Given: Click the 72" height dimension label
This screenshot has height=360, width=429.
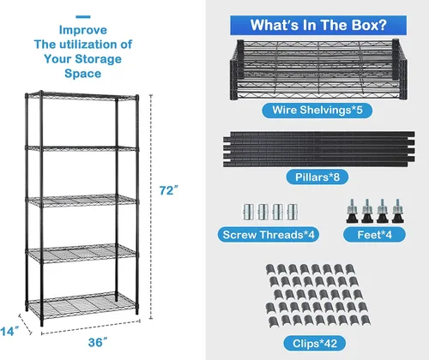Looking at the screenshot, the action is coord(168,190).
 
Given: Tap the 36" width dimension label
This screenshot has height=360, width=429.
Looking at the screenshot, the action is coord(98,342).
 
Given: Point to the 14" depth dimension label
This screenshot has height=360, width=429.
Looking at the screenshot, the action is coord(9,332).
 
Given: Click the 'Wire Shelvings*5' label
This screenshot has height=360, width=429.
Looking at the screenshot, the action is coord(317,111).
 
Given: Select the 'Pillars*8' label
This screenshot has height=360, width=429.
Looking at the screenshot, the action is coord(317,177).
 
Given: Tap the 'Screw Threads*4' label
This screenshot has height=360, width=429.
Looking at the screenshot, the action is coord(269,235).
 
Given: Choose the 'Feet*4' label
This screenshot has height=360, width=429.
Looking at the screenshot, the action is coord(374,235).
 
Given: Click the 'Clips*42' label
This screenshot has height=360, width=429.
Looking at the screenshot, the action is coord(315,343).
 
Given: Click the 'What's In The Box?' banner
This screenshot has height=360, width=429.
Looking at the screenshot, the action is coord(318,25).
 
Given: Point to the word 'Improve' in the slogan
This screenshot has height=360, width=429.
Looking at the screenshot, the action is coord(83,30).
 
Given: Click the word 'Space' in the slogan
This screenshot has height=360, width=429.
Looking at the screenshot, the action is coord(83,74).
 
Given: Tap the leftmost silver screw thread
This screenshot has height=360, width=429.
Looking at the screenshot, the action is coord(248,212).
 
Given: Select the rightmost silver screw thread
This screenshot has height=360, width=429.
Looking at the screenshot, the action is coord(293,212).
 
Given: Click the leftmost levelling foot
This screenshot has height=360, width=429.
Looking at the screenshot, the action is coord(352,212).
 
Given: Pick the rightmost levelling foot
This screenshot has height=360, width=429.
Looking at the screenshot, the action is coord(397,212).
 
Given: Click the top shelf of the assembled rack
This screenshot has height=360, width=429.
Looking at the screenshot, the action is coord(82,95).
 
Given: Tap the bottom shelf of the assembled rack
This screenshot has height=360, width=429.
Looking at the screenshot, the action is coord(82,305).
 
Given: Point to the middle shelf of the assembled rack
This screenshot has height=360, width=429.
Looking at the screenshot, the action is coord(82,200).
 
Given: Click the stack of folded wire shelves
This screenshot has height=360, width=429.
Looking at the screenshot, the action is coord(319,69).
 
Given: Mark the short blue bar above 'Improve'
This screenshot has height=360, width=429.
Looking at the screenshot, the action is coord(83,17).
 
